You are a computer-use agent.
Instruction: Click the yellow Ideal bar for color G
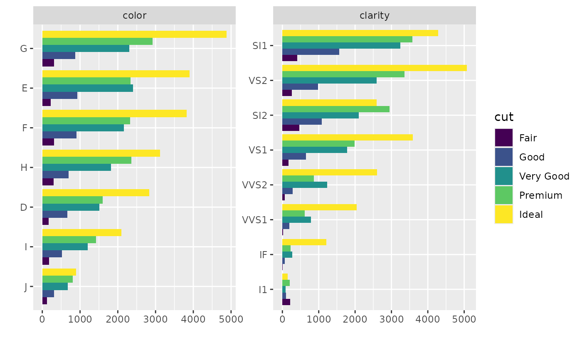[x=134, y=34]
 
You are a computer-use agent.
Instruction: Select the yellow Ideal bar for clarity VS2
[x=374, y=68]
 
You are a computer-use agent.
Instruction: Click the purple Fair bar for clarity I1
[x=286, y=302]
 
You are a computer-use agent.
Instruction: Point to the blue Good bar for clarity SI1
[x=311, y=52]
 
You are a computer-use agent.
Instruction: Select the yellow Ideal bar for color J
[x=59, y=272]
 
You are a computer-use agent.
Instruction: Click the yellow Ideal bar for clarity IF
[x=304, y=242]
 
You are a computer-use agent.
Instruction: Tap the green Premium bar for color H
[x=87, y=160]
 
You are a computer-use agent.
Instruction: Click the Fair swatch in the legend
[x=503, y=138]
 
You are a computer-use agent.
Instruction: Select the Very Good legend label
[x=544, y=176]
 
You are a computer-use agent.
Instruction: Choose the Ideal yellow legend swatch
[x=503, y=215]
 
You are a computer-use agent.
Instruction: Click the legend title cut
[x=504, y=118]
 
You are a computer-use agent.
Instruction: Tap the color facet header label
[x=134, y=16]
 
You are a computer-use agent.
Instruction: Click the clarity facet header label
[x=374, y=16]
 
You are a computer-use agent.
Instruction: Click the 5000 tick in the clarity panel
[x=464, y=319]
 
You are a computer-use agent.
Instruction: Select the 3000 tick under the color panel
[x=155, y=319]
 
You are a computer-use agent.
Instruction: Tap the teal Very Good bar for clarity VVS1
[x=296, y=219]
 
